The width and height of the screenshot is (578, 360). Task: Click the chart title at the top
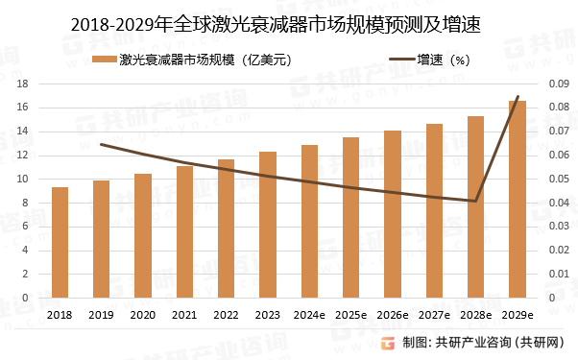point(289,24)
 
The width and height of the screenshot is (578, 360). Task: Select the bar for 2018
point(60,242)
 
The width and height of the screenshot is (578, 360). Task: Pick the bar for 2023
point(268,225)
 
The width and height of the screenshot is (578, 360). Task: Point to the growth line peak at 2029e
point(518,97)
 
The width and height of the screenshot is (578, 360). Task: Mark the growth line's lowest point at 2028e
point(475,201)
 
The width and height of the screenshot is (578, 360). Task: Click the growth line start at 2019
point(101,144)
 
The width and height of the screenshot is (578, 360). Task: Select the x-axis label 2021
point(184,314)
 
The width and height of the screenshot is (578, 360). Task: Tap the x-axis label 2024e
point(309,314)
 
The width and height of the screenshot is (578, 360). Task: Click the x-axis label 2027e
point(434,314)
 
